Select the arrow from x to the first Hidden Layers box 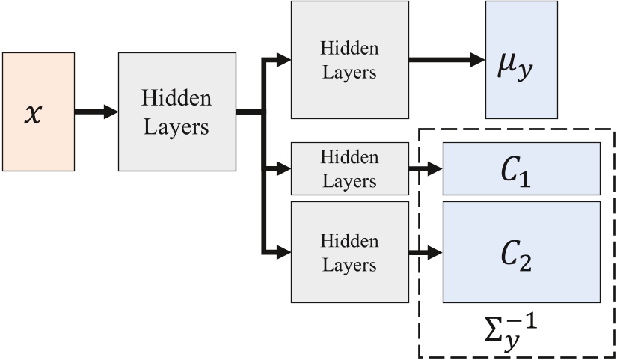tap(96, 112)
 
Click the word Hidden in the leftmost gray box tap(176, 99)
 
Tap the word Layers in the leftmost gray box tap(176, 126)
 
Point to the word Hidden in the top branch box tap(349, 49)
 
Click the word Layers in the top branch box tap(349, 73)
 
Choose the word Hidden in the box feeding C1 tap(349, 157)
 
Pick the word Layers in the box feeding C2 tap(349, 266)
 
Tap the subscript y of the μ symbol tap(528, 73)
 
